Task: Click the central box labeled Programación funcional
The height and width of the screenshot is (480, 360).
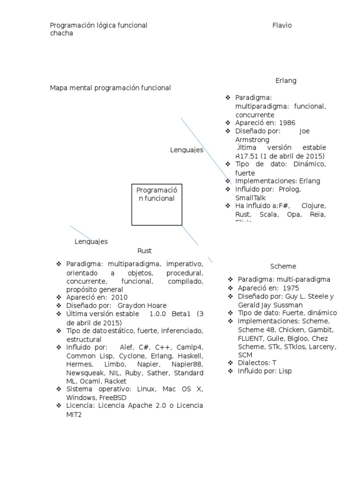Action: (157, 204)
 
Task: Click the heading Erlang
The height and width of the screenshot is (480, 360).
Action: (286, 81)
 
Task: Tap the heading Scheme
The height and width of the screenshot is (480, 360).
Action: (283, 266)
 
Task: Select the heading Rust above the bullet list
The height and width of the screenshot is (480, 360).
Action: (144, 251)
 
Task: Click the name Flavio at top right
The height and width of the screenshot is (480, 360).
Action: (282, 25)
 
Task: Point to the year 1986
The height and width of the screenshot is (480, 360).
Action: (286, 123)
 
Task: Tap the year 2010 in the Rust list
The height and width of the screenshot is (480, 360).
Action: (119, 297)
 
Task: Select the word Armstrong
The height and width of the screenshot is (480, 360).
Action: (252, 140)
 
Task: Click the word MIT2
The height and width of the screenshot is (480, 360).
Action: (74, 414)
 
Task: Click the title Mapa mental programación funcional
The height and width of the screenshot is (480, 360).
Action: (110, 88)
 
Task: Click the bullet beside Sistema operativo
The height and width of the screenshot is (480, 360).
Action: (58, 389)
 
